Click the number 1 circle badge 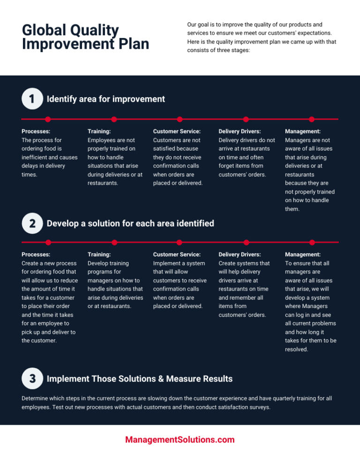pyautogui.click(x=32, y=98)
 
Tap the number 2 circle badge pyautogui.click(x=32, y=223)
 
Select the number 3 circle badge pyautogui.click(x=32, y=378)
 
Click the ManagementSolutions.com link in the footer pyautogui.click(x=180, y=440)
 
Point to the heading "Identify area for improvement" pyautogui.click(x=106, y=99)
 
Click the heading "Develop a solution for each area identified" pyautogui.click(x=130, y=223)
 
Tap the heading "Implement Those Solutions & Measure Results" pyautogui.click(x=140, y=379)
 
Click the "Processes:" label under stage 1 pyautogui.click(x=36, y=131)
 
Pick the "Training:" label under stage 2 pyautogui.click(x=99, y=255)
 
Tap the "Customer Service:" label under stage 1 pyautogui.click(x=177, y=131)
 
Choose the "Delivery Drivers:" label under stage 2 pyautogui.click(x=240, y=255)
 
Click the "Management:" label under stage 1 pyautogui.click(x=303, y=131)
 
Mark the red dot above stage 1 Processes pyautogui.click(x=48, y=119)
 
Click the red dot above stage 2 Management pyautogui.click(x=312, y=242)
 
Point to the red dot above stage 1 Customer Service pyautogui.click(x=180, y=119)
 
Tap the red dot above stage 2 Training pyautogui.click(x=114, y=242)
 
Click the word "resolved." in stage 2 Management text pyautogui.click(x=297, y=349)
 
